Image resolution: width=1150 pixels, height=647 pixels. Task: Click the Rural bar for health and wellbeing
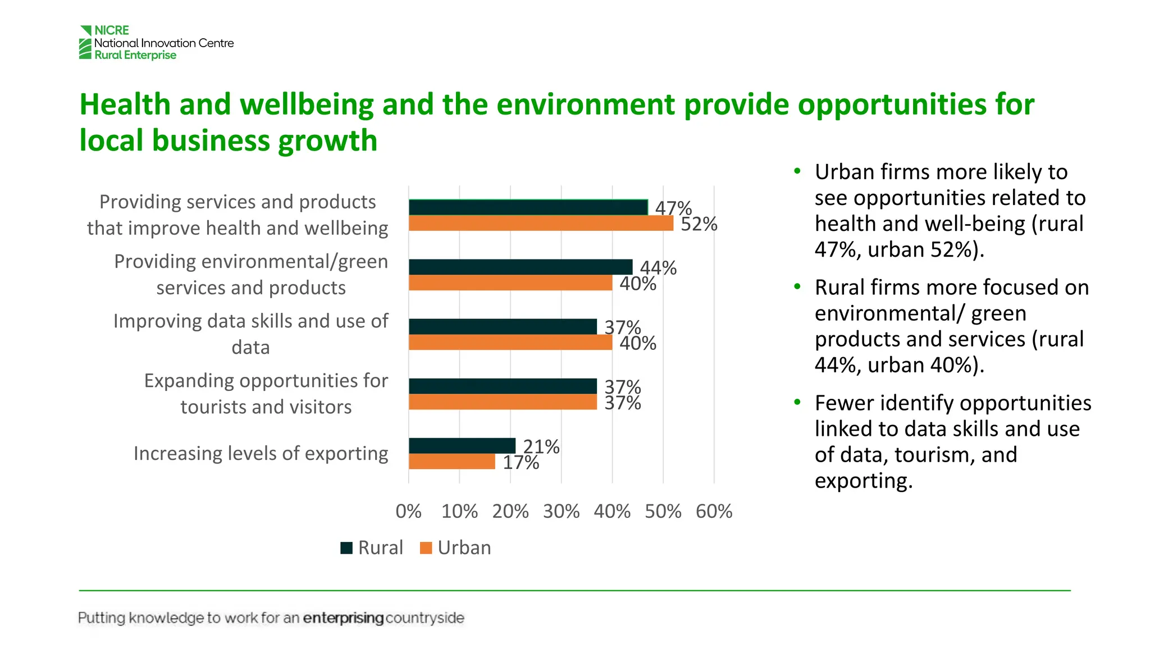528,207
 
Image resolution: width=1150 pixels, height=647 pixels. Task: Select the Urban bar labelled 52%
541,224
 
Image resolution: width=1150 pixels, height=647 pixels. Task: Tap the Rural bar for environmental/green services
521,267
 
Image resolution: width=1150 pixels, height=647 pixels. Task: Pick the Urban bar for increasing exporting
452,462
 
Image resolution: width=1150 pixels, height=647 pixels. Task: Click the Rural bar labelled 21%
462,446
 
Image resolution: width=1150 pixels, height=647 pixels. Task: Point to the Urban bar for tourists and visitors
503,402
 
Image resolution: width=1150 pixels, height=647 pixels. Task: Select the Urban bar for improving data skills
510,343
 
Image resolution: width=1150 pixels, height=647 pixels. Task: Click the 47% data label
673,208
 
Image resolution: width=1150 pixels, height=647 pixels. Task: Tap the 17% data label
521,463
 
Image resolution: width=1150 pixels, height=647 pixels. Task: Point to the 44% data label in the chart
658,268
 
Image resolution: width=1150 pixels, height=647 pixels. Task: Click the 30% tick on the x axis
561,512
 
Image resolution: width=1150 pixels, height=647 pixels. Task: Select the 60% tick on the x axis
714,512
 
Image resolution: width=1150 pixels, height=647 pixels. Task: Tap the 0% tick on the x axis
408,512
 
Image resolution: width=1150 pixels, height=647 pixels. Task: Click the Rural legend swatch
346,548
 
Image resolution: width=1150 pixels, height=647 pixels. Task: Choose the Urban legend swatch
426,548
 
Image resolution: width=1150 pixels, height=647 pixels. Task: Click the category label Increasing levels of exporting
261,453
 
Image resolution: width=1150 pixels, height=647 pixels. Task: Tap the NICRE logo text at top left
112,30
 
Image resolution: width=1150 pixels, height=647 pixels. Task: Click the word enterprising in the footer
343,618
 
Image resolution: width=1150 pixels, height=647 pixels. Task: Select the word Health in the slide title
125,104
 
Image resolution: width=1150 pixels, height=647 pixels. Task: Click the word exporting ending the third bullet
863,481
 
